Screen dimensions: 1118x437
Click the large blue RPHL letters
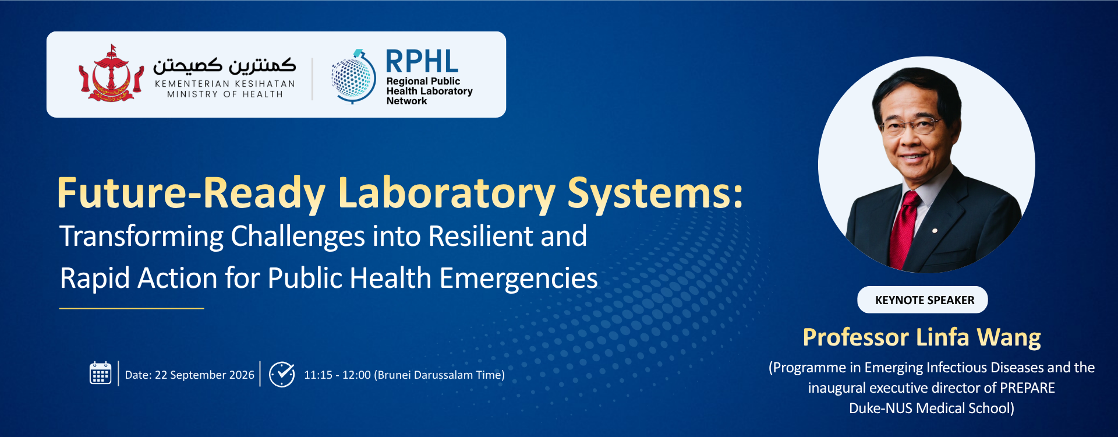(422, 62)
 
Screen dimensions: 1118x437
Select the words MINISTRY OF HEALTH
(225, 94)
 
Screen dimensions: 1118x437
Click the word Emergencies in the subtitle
(518, 279)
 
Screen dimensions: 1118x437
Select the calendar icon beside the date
(100, 373)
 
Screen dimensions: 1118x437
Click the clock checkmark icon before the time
(282, 374)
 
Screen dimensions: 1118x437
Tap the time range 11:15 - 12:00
(337, 375)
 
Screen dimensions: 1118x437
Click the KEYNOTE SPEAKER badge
(922, 299)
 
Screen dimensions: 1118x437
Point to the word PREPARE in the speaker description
(1027, 388)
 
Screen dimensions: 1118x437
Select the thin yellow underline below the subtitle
(132, 308)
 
